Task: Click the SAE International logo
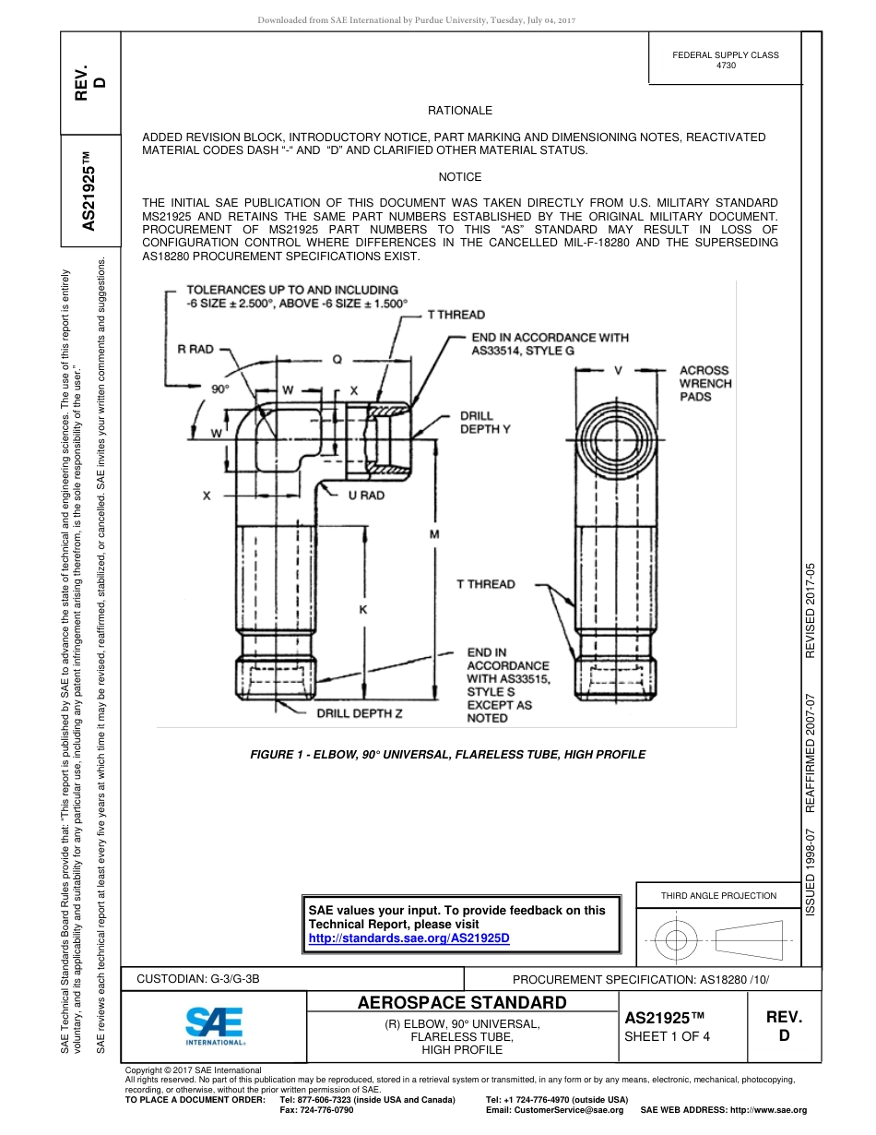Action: pyautogui.click(x=214, y=1024)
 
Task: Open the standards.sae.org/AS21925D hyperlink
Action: pyautogui.click(x=408, y=938)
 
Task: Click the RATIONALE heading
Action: pyautogui.click(x=460, y=111)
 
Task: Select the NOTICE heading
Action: pyautogui.click(x=460, y=177)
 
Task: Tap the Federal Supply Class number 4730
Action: pyautogui.click(x=726, y=66)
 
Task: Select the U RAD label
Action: pyautogui.click(x=366, y=496)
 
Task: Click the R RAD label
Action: pyautogui.click(x=195, y=349)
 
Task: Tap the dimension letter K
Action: pyautogui.click(x=362, y=610)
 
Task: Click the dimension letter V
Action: pyautogui.click(x=619, y=370)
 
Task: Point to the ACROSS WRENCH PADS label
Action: pyautogui.click(x=705, y=383)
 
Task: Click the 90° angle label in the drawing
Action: pyautogui.click(x=220, y=389)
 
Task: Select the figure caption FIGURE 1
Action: pyautogui.click(x=448, y=755)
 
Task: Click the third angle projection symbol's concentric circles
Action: pyautogui.click(x=677, y=940)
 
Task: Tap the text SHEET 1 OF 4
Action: pyautogui.click(x=668, y=1035)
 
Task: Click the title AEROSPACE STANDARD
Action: pyautogui.click(x=462, y=1002)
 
